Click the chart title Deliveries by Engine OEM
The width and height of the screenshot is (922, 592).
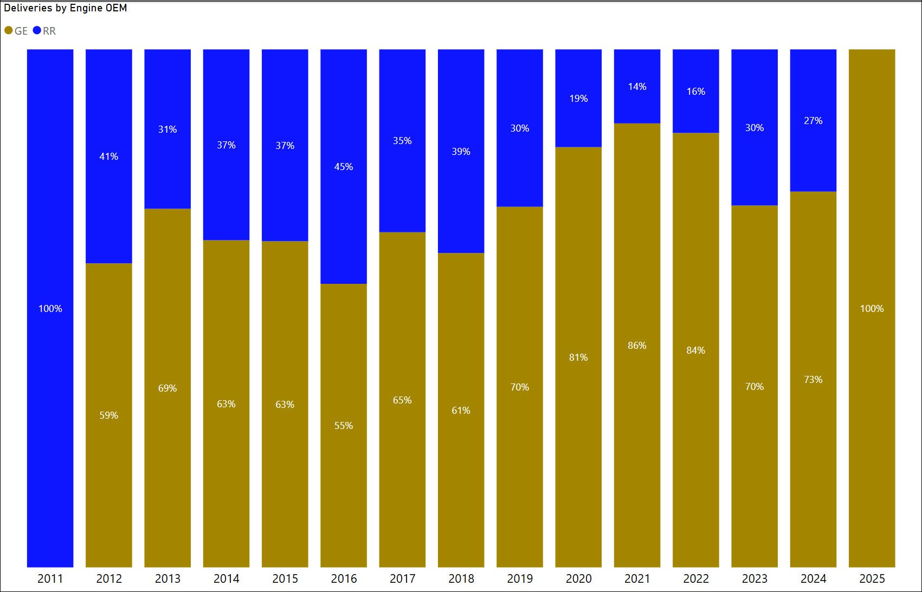66,8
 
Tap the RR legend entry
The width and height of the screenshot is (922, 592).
45,31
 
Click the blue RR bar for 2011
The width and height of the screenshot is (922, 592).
50,217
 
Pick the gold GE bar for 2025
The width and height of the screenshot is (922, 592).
872,217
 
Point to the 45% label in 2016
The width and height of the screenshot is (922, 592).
344,167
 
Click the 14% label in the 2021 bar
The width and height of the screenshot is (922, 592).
637,87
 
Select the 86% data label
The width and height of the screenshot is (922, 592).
637,346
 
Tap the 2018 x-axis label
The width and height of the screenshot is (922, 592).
461,578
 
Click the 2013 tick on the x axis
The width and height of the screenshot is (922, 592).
167,578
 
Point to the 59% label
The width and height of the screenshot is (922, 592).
109,415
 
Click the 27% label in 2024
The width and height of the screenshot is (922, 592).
813,121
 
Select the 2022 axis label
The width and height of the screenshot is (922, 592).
696,578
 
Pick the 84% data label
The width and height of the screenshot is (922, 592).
696,350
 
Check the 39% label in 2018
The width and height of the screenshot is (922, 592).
461,152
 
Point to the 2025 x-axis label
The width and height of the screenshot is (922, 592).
872,578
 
